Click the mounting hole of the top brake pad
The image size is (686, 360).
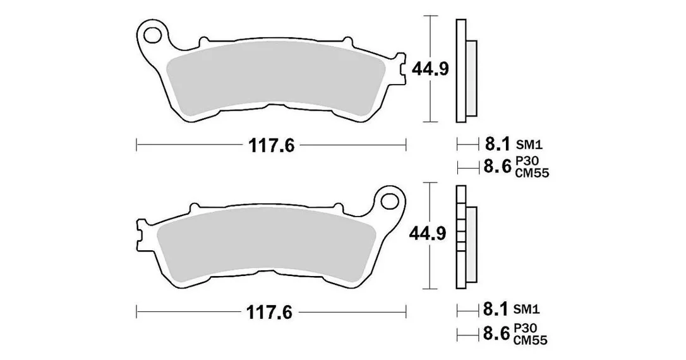pyautogui.click(x=153, y=35)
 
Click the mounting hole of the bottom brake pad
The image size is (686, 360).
pyautogui.click(x=389, y=201)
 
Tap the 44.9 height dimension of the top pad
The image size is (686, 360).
pyautogui.click(x=430, y=69)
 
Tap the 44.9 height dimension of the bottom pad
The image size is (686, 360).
pyautogui.click(x=428, y=234)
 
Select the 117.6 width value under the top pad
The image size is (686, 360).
pyautogui.click(x=271, y=145)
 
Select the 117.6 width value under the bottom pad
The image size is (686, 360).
pyautogui.click(x=269, y=313)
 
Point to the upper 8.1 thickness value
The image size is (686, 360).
pyautogui.click(x=497, y=143)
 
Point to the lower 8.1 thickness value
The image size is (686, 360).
pyautogui.click(x=496, y=309)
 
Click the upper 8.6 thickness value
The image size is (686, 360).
pyautogui.click(x=497, y=167)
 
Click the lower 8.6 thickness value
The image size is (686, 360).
pyautogui.click(x=496, y=334)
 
